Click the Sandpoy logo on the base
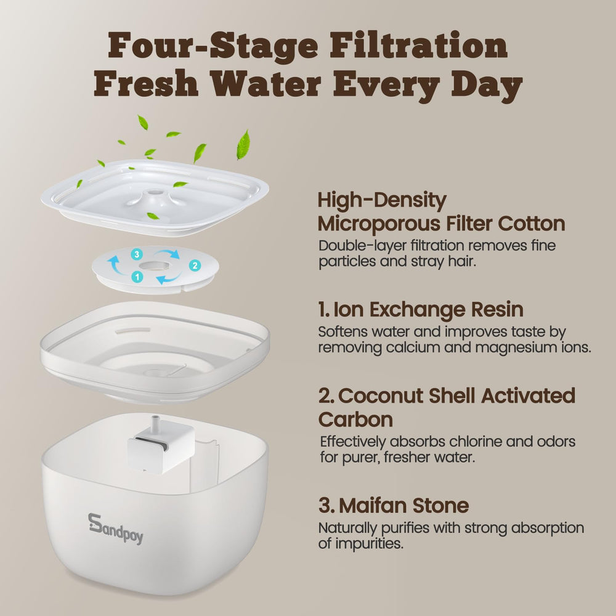pyautogui.click(x=115, y=529)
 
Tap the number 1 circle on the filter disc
pyautogui.click(x=137, y=277)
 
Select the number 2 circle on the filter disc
pyautogui.click(x=195, y=265)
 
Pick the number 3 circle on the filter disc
pyautogui.click(x=137, y=254)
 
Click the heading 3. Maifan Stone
pyautogui.click(x=394, y=506)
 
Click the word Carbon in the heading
pyautogui.click(x=355, y=419)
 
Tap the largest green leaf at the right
pyautogui.click(x=243, y=145)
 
